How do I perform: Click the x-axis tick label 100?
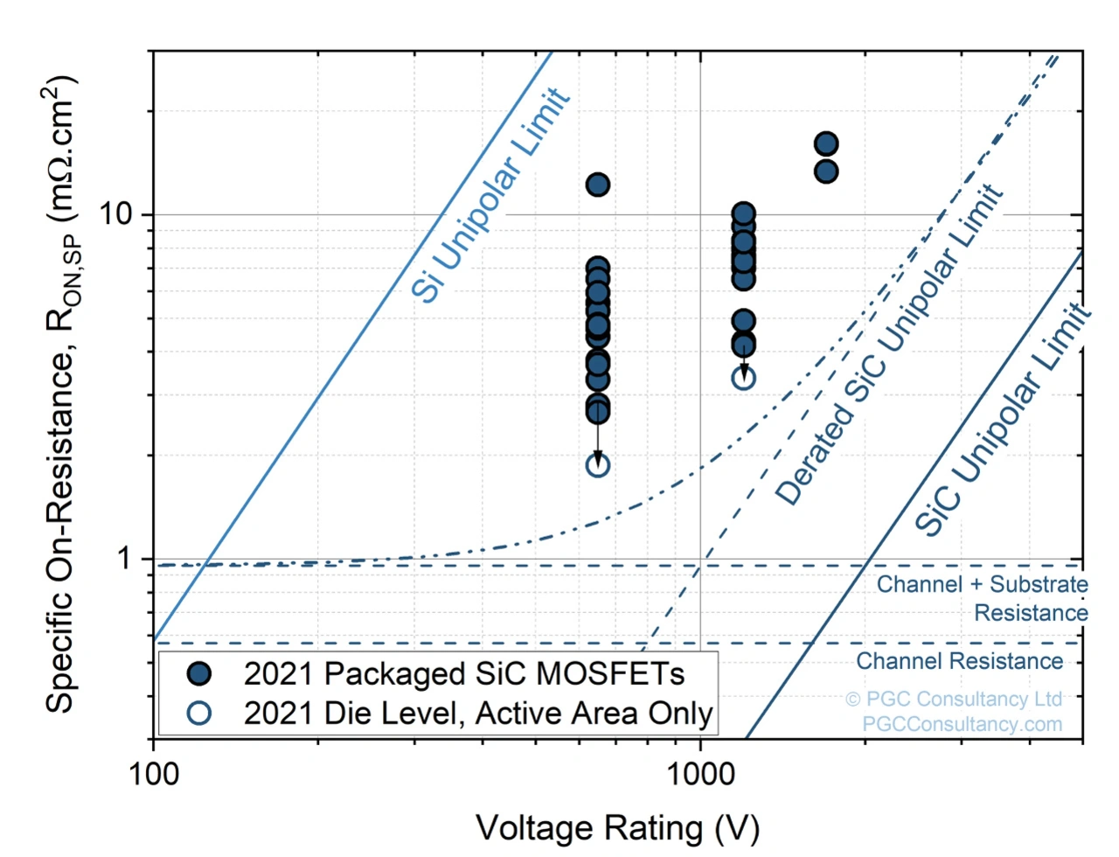(154, 774)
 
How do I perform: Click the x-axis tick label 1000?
(699, 774)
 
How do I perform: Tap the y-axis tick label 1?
(124, 557)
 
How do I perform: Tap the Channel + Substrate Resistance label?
(983, 598)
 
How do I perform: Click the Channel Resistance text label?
(959, 661)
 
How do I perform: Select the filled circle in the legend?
(200, 673)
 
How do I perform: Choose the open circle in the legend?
(200, 713)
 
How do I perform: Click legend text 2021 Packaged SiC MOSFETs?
(463, 673)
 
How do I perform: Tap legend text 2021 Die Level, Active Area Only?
(478, 714)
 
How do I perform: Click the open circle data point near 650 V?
(598, 464)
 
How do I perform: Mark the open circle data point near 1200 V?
(744, 378)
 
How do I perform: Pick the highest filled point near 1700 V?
(826, 143)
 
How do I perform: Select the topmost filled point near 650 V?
(598, 185)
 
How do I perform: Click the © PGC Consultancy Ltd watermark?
(954, 699)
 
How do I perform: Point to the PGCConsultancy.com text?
(962, 724)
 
